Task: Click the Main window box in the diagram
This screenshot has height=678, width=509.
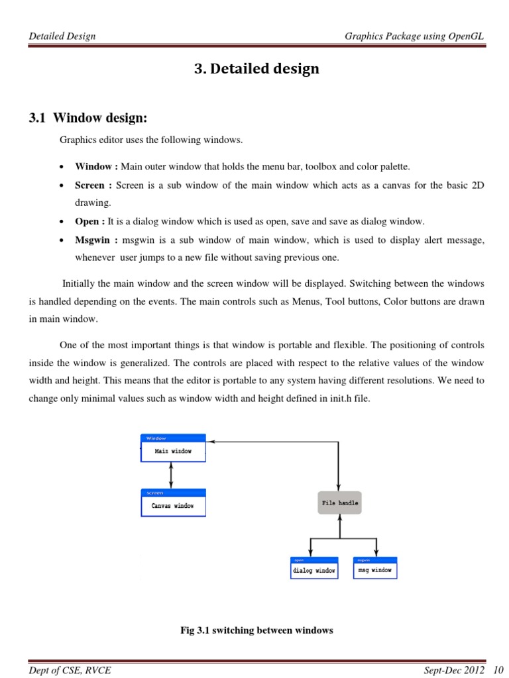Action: point(173,451)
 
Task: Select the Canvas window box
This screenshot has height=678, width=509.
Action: point(173,506)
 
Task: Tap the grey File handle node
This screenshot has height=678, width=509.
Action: point(340,503)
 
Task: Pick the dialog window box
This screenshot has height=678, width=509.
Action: point(314,570)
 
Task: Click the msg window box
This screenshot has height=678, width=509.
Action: point(375,569)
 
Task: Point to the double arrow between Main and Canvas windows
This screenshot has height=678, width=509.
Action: point(172,475)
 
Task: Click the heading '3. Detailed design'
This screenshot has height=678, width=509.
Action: point(256,69)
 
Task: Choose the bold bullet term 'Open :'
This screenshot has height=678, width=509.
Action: point(90,222)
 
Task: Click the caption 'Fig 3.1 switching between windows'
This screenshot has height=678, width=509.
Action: point(256,630)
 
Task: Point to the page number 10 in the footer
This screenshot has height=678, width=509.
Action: point(499,670)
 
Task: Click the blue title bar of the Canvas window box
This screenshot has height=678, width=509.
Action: point(173,493)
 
